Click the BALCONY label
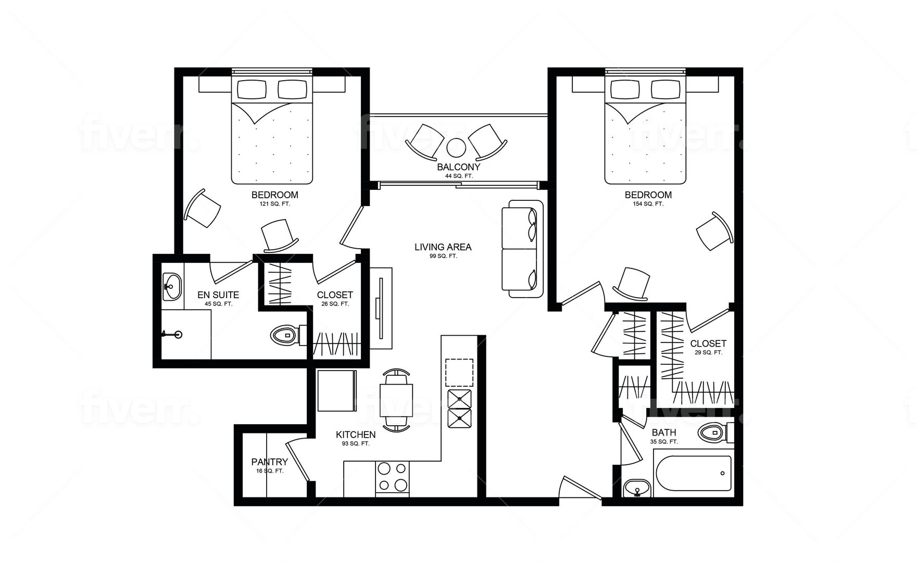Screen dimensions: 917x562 pos(458,167)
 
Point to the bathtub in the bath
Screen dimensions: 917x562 pos(693,473)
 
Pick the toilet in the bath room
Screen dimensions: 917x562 pos(715,432)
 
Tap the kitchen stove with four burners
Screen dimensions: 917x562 pos(392,477)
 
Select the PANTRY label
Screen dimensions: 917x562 pos(269,462)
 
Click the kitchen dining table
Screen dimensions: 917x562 pos(396,400)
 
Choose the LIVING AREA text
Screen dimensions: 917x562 pos(443,247)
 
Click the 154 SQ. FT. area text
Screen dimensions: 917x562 pos(648,204)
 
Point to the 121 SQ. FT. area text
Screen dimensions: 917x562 pos(275,204)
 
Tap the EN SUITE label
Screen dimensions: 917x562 pos(218,295)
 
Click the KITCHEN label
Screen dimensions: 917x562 pos(356,435)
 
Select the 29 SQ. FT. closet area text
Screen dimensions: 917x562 pos(708,352)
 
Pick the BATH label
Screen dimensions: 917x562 pos(664,432)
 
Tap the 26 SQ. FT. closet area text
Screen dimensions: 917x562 pos(335,304)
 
